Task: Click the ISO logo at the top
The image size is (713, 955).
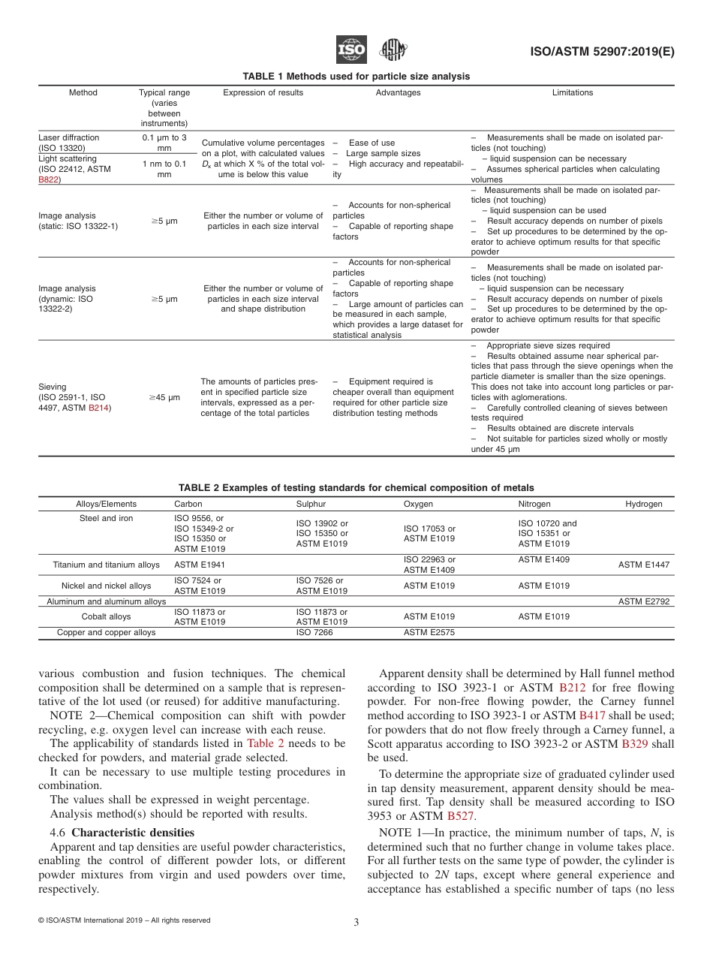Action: click(351, 50)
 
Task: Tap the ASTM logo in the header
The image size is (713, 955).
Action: click(393, 50)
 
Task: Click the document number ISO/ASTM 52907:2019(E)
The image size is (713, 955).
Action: click(603, 52)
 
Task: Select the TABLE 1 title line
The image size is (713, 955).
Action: click(356, 76)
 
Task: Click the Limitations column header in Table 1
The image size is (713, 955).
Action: click(572, 93)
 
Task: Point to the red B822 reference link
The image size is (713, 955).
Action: click(50, 180)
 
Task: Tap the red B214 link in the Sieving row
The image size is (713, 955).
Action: click(98, 408)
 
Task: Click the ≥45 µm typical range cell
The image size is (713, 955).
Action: click(164, 397)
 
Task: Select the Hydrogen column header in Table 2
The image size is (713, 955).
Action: click(643, 504)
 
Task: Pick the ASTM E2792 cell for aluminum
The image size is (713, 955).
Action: click(643, 601)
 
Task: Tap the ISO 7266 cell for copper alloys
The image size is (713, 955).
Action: click(314, 632)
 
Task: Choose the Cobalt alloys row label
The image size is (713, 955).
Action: click(106, 616)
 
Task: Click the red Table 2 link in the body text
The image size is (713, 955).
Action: click(266, 743)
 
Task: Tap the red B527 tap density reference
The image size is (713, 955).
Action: click(460, 815)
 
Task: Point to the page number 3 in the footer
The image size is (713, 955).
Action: click(356, 923)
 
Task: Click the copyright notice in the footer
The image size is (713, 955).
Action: click(124, 920)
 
